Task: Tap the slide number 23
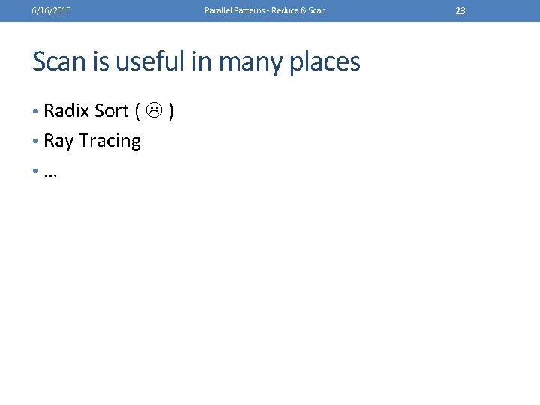[x=460, y=10]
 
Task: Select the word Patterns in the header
[x=249, y=10]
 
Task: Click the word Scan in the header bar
[x=317, y=10]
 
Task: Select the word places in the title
[x=325, y=61]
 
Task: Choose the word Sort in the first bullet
[x=111, y=111]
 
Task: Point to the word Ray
[x=58, y=141]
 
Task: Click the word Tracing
[x=109, y=141]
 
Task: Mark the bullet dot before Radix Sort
[x=35, y=112]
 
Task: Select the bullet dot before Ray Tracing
[x=35, y=142]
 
